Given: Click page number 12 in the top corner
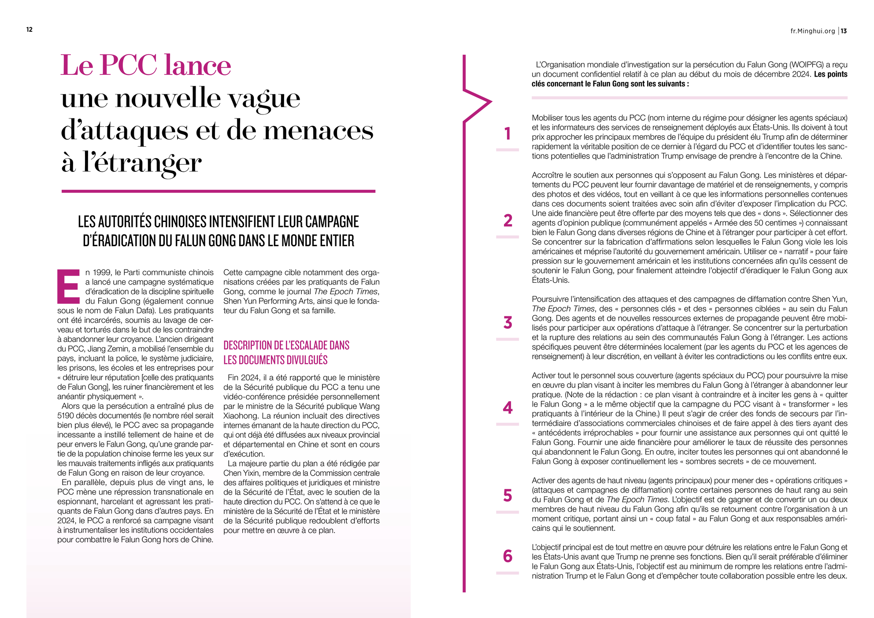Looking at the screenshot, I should pos(30,30).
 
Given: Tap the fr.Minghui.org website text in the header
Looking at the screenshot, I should pos(812,31).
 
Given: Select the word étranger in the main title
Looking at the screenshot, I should pos(142,163).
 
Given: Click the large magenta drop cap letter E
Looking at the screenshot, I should pos(68,286).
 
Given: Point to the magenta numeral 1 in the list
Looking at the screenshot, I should pos(507,133).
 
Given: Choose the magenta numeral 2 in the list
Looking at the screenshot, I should pos(507,220).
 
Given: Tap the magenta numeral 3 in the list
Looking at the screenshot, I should pos(507,323).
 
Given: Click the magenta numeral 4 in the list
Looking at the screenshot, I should pos(507,408).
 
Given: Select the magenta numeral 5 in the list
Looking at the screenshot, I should pos(507,496).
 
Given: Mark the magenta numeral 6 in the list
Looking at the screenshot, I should pos(507,556).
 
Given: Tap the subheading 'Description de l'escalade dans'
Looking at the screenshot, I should pos(286,345).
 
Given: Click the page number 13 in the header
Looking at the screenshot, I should pos(844,31).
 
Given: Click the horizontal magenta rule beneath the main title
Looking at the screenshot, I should pos(218,191).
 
